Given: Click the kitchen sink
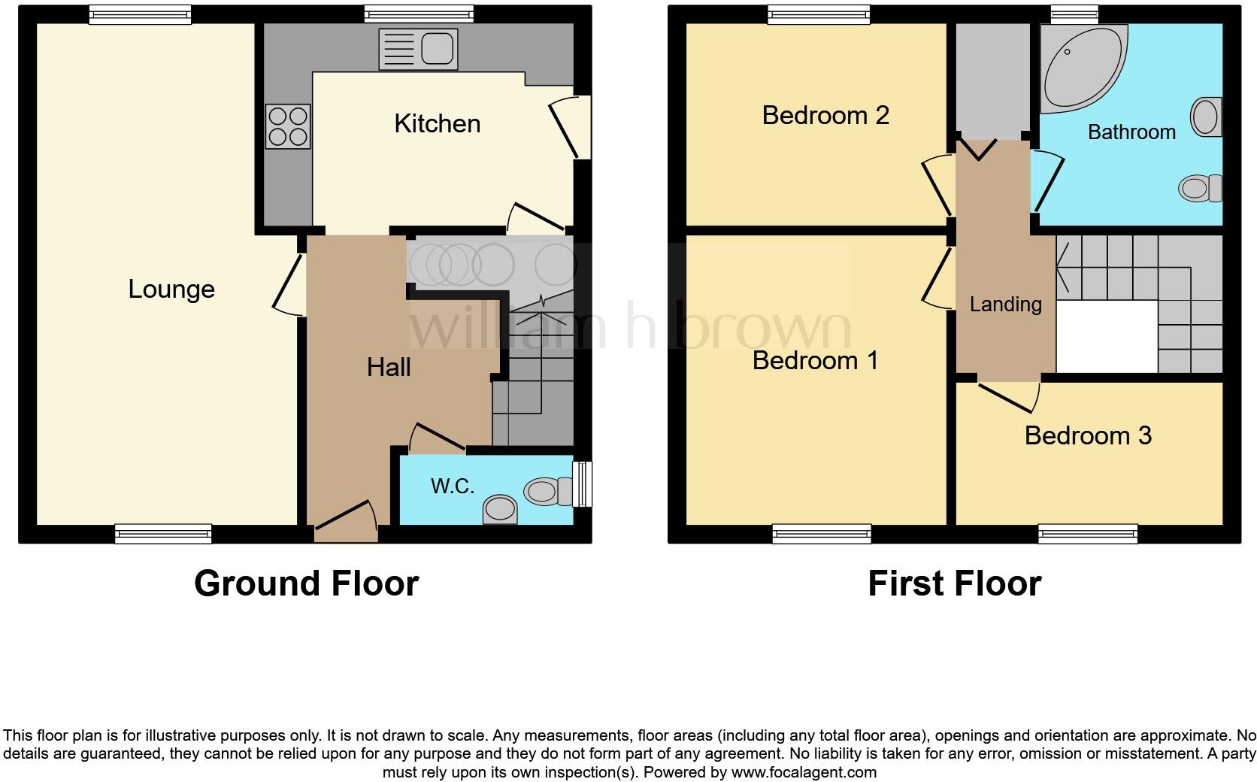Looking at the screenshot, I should pyautogui.click(x=419, y=50).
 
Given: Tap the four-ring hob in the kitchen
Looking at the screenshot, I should pyautogui.click(x=288, y=126).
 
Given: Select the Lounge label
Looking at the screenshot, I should pyautogui.click(x=171, y=289).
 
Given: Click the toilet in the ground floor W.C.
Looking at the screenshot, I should pyautogui.click(x=547, y=492).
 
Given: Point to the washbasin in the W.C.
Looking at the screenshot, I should pyautogui.click(x=500, y=509).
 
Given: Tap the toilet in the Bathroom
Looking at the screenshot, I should pyautogui.click(x=1200, y=187).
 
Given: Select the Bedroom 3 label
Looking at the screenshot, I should pyautogui.click(x=1088, y=435).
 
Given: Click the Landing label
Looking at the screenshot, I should pyautogui.click(x=1005, y=305).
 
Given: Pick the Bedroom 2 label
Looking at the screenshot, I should pyautogui.click(x=825, y=115).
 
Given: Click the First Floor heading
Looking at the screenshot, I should pyautogui.click(x=954, y=583).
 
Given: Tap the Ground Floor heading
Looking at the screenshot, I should pyautogui.click(x=306, y=583).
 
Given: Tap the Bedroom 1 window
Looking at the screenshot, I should pyautogui.click(x=822, y=534).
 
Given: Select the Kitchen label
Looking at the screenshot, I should pyautogui.click(x=437, y=124).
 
